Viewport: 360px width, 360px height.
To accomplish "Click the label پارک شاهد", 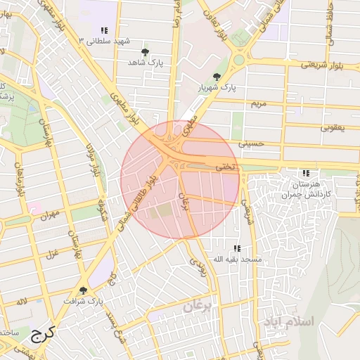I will click(x=146, y=63).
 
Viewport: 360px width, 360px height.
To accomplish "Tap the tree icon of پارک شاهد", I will click(x=146, y=52).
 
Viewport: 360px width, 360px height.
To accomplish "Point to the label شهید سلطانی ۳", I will click(x=105, y=41).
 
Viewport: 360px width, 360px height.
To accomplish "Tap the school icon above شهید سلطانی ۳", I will click(x=104, y=31).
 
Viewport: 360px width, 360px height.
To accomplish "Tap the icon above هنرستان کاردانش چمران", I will click(x=305, y=173).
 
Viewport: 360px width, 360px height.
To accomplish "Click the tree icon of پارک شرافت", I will click(x=84, y=290).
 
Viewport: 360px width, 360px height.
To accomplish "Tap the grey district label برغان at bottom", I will click(x=202, y=307).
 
